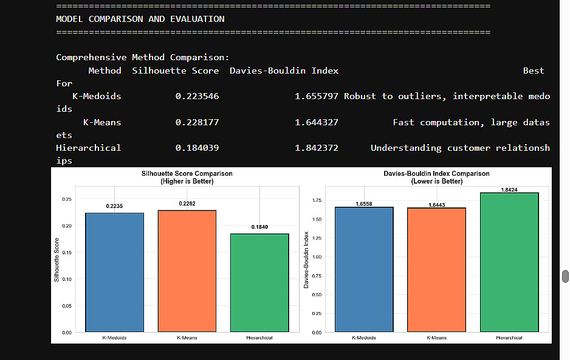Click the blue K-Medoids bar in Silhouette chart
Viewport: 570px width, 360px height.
tap(115, 272)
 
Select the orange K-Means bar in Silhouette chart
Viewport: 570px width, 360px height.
tap(187, 271)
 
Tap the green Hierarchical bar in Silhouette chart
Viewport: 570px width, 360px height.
tap(259, 282)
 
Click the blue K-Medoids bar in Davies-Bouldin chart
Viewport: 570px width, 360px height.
tap(364, 269)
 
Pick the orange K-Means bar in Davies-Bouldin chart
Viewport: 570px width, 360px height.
tap(436, 270)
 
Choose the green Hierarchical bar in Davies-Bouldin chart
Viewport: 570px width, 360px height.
tap(509, 262)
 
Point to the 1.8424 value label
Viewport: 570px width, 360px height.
tap(509, 190)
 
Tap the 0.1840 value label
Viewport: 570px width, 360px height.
tap(259, 227)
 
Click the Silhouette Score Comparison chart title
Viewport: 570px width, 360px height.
tap(187, 173)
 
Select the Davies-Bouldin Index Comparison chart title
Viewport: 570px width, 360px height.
tap(436, 173)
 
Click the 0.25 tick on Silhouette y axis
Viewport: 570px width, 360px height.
tap(67, 199)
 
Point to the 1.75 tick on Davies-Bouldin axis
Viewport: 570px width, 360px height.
tap(316, 199)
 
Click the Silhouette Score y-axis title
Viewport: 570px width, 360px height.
tap(57, 263)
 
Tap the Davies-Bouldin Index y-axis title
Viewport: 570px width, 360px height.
tap(307, 259)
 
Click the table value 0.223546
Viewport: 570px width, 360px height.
tap(197, 96)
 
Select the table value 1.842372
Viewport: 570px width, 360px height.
tap(317, 148)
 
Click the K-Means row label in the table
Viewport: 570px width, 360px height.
tap(102, 122)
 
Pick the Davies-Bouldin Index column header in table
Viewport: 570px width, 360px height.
tap(284, 71)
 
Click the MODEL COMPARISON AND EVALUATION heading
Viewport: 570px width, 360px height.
tap(140, 19)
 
